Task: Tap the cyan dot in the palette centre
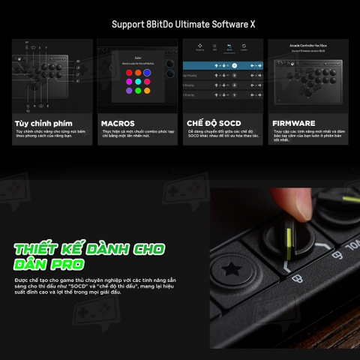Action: click(x=138, y=82)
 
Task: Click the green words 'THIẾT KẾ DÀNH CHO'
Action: click(x=90, y=248)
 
